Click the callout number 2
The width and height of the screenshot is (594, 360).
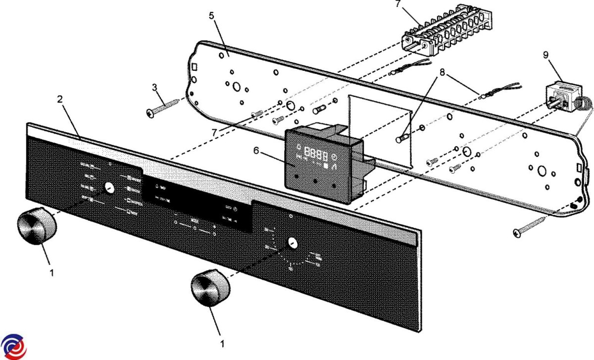tap(59, 99)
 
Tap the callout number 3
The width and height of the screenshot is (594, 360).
tap(154, 88)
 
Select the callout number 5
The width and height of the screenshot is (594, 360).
tap(211, 15)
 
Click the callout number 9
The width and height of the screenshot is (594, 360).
tap(546, 55)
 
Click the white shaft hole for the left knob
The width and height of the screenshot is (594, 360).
tap(109, 189)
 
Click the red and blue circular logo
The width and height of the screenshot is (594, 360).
tap(13, 347)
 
